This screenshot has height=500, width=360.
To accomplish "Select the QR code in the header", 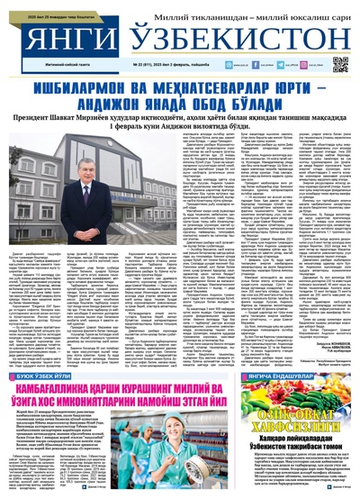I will click(340, 64).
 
